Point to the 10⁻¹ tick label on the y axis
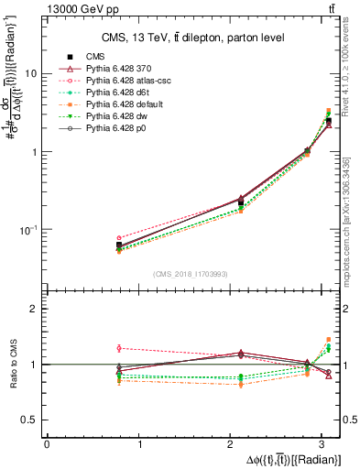(x=28, y=229)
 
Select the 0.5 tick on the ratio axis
(x=30, y=420)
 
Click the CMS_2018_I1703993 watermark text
(x=192, y=273)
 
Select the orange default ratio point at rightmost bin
(x=329, y=340)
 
